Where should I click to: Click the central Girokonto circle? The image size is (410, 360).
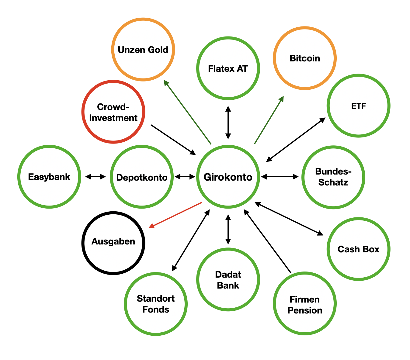point(228,177)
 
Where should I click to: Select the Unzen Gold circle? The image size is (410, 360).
point(143,50)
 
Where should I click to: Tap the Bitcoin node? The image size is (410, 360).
point(304,58)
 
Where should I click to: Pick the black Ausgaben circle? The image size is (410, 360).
point(113,243)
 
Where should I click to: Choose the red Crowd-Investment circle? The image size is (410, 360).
point(113,112)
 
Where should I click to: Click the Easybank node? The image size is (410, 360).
point(49,177)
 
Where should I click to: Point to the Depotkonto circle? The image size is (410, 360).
point(142,177)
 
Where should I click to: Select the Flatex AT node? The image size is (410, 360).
point(228,68)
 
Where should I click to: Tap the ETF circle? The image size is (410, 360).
point(358,106)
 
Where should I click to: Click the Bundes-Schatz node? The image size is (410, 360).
point(333,177)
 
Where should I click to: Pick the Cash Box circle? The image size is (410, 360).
point(358,249)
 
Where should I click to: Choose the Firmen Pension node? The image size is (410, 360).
point(304,304)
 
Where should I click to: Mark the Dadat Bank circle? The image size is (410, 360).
point(228,280)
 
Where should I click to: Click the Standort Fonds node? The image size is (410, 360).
point(155,304)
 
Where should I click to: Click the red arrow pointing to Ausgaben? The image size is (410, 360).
point(175,215)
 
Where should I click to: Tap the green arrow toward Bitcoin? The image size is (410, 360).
point(269,120)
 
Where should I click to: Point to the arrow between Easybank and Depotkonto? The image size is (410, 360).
point(96,177)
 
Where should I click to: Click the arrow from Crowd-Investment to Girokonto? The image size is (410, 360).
point(173,140)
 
